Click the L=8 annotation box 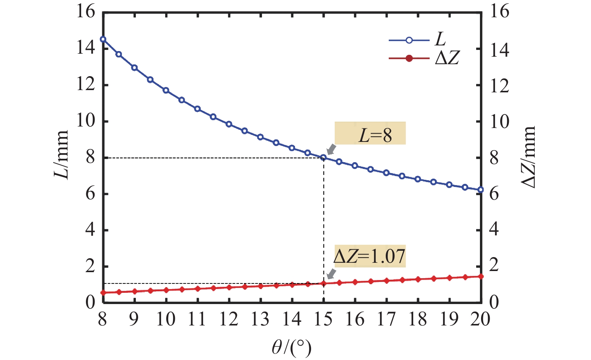pyautogui.click(x=370, y=133)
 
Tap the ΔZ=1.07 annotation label pyautogui.click(x=370, y=256)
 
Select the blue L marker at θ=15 pyautogui.click(x=323, y=158)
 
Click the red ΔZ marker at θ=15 pyautogui.click(x=323, y=283)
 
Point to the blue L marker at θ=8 pyautogui.click(x=103, y=39)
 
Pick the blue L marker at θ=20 pyautogui.click(x=481, y=190)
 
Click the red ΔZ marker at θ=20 pyautogui.click(x=481, y=277)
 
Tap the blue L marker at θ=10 pyautogui.click(x=166, y=90)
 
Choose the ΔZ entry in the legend pyautogui.click(x=424, y=58)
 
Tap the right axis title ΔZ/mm pyautogui.click(x=529, y=157)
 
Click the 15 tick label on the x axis pyautogui.click(x=323, y=319)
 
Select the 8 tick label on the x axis pyautogui.click(x=102, y=319)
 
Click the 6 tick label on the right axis pyautogui.click(x=495, y=194)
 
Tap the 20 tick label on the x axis pyautogui.click(x=481, y=319)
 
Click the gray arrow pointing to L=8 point pyautogui.click(x=331, y=149)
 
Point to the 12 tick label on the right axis pyautogui.click(x=499, y=86)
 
